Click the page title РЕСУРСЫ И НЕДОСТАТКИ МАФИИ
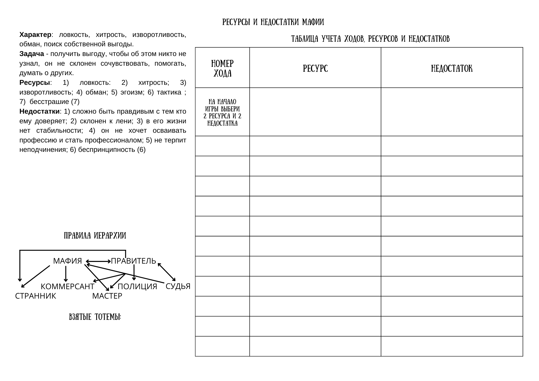coord(273,22)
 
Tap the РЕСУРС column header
coord(315,69)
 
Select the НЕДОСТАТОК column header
coord(452,69)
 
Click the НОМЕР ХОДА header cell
coord(222,68)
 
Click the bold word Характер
coord(35,35)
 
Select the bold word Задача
coord(32,54)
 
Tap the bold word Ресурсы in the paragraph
coord(35,83)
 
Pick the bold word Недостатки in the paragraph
coord(39,111)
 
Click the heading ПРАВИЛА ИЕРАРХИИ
coord(95,236)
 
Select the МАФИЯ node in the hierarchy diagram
coord(67,261)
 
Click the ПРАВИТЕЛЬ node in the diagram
coord(134,261)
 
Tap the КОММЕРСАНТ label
coord(67,286)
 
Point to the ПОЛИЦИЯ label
coord(137,286)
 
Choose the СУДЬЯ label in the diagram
coord(178,286)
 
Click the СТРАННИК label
coord(36,296)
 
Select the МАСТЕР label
coord(107,296)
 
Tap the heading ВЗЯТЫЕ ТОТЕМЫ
coord(95,317)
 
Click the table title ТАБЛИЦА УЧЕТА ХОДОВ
coord(370,39)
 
